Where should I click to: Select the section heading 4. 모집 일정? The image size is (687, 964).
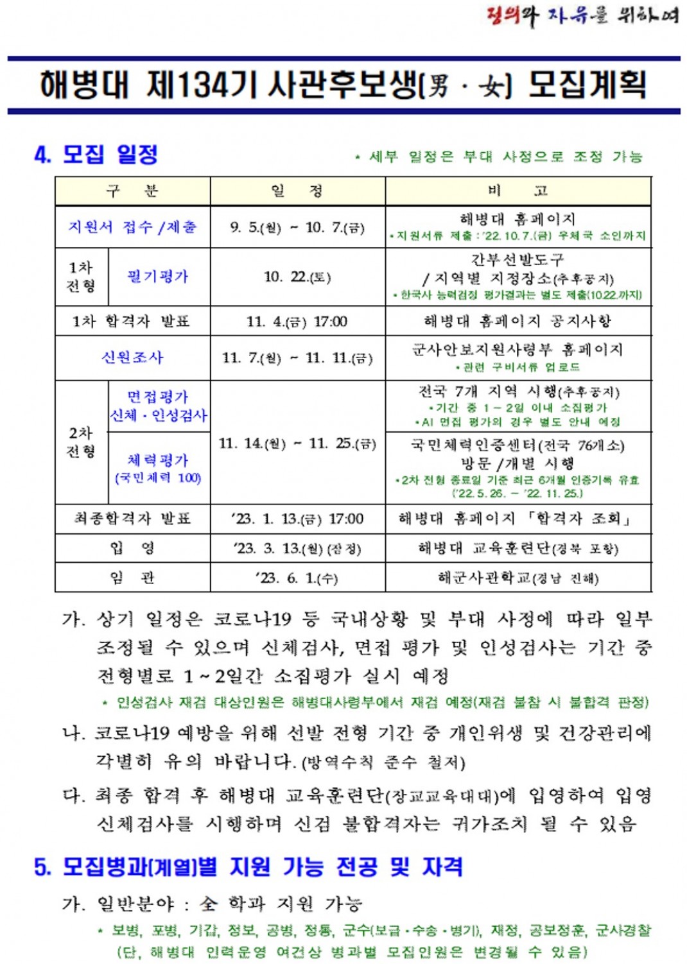pos(96,155)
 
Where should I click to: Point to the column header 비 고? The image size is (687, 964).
pos(517,191)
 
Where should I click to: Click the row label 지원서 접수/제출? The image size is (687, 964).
pos(132,227)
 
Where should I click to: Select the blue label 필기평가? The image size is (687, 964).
pos(158,277)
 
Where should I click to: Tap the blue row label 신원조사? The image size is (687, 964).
pos(132,357)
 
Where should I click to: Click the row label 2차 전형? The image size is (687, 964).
pos(81,442)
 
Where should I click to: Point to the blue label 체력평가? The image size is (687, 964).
pos(158,460)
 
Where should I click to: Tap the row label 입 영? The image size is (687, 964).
pos(132,548)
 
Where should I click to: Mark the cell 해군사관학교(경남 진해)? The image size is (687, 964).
pos(517,578)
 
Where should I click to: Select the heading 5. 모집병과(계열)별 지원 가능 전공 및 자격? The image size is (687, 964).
pos(248,867)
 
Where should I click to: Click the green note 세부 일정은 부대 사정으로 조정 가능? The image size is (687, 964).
pos(499,157)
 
